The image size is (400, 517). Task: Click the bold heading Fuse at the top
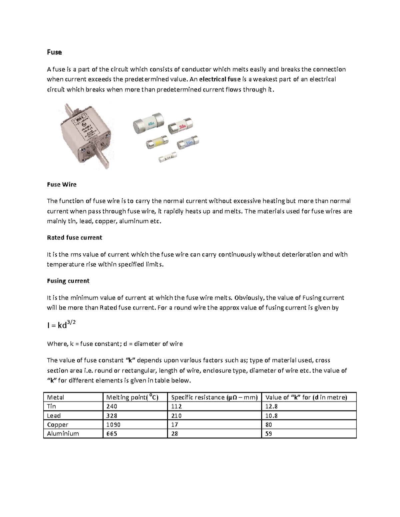tap(54, 52)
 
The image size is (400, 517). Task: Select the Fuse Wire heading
tap(62, 184)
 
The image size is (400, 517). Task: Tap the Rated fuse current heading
tap(74, 238)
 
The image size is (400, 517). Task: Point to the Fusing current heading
tap(68, 281)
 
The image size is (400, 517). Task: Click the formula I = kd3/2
tap(61, 325)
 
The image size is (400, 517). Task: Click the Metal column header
tap(55, 397)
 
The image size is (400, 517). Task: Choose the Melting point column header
tap(132, 397)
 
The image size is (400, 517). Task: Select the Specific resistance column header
tap(214, 397)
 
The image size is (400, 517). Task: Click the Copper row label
tap(58, 424)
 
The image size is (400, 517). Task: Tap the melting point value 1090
tap(113, 424)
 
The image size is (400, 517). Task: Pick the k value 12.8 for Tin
tap(271, 406)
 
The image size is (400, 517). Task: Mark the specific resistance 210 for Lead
tap(176, 415)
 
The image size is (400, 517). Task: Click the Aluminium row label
tap(63, 433)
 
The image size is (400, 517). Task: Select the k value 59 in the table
tap(269, 433)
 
